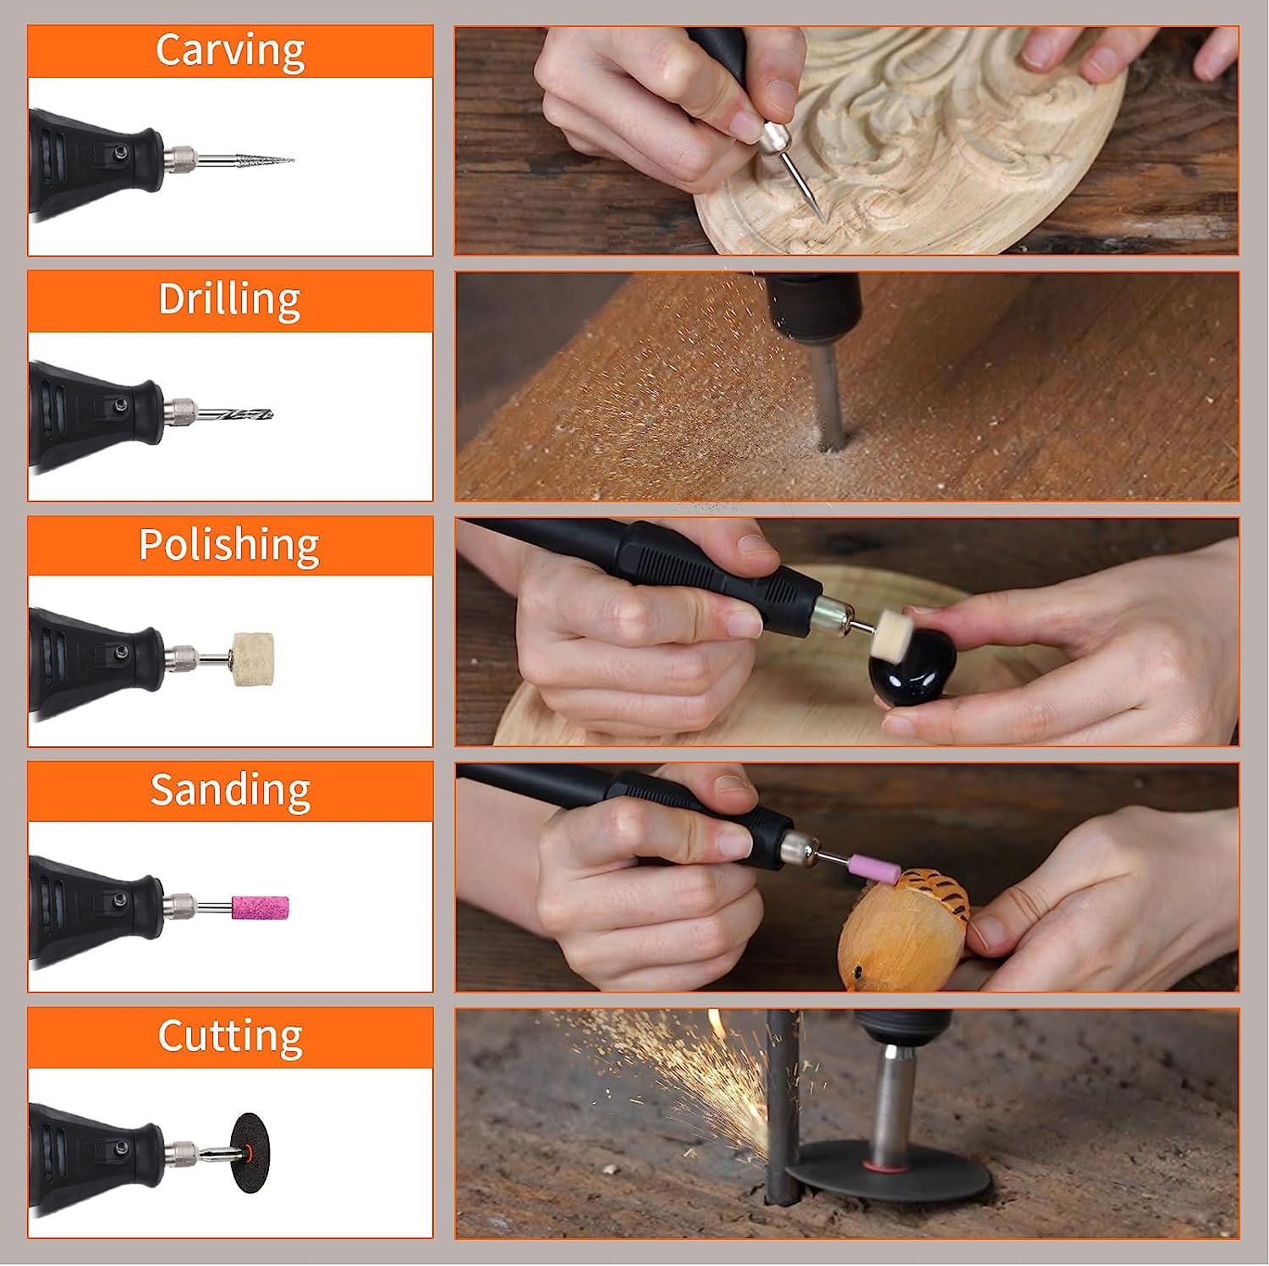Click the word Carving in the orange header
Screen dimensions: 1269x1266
230,50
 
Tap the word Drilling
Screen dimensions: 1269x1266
229,299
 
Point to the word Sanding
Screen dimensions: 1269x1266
230,790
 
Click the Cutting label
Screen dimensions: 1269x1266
230,1036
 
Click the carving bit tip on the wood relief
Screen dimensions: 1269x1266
822,217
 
